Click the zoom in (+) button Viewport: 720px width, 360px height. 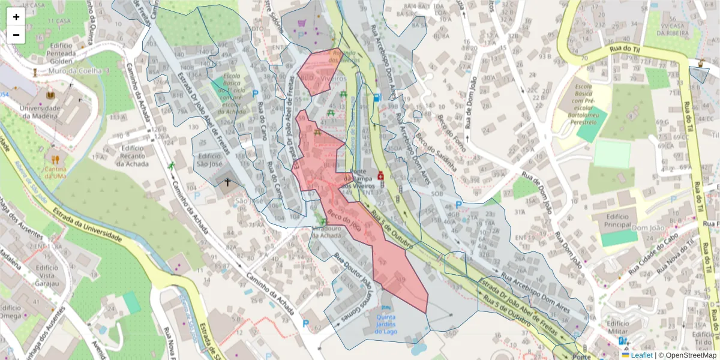pos(16,17)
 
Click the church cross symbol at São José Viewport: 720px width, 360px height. pos(227,181)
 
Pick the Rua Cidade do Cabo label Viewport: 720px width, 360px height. pos(654,259)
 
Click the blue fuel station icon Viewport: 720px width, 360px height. pos(376,97)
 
